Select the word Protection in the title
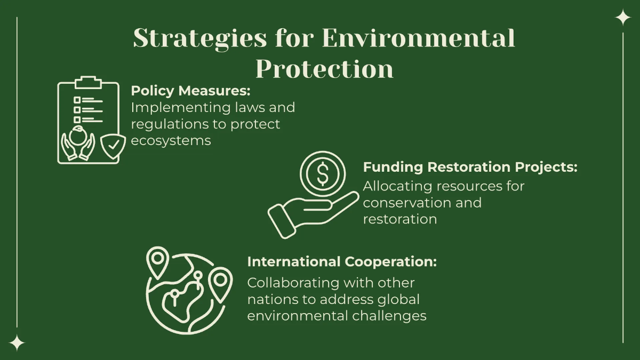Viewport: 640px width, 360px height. (x=324, y=69)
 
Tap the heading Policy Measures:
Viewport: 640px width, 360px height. (x=190, y=90)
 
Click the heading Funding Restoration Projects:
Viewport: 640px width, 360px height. (x=470, y=167)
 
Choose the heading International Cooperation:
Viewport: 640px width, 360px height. (x=342, y=262)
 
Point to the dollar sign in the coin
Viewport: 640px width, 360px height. (x=323, y=174)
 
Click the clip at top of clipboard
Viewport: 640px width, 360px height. (x=88, y=82)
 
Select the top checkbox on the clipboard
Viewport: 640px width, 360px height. (x=77, y=100)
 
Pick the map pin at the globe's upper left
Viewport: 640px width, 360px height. (x=157, y=260)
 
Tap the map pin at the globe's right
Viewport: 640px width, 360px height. (x=220, y=282)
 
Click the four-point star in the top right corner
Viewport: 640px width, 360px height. (x=622, y=18)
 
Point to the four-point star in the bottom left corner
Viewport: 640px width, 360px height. (x=17, y=343)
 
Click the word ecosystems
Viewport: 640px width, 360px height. (x=171, y=141)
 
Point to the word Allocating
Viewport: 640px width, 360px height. (x=397, y=186)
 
